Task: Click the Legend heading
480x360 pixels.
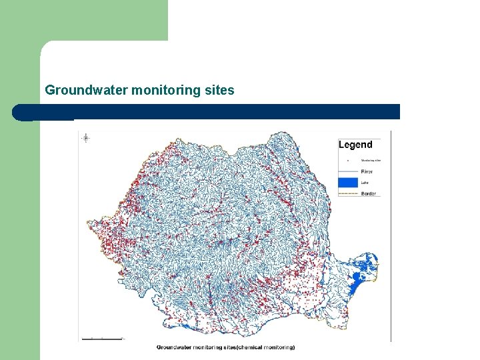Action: (355, 145)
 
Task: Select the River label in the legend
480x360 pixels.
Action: (367, 171)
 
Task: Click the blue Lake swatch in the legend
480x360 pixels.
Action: (349, 182)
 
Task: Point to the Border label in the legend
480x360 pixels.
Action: (369, 193)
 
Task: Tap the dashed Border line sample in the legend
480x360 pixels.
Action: (349, 193)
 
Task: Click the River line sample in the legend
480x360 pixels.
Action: (349, 171)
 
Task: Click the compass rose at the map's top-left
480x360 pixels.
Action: (86, 138)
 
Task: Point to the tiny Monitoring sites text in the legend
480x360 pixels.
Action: (371, 161)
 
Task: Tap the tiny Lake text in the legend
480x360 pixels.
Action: (364, 182)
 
